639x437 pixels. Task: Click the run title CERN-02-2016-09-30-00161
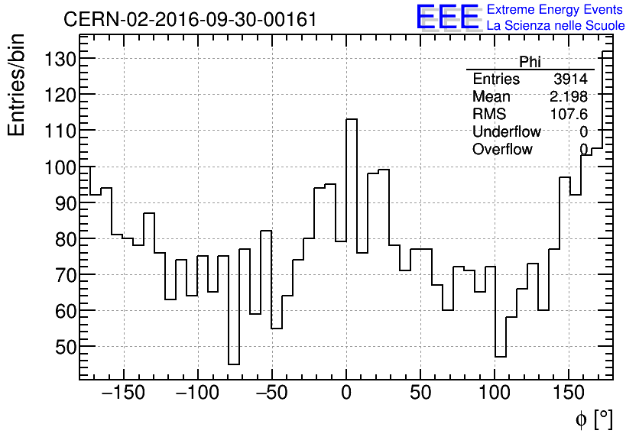click(190, 20)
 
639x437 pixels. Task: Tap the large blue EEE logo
click(447, 17)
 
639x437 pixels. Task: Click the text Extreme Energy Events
click(554, 10)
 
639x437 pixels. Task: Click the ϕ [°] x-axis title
click(593, 419)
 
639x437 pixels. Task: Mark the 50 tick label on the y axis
click(60, 347)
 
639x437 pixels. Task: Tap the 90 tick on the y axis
click(60, 203)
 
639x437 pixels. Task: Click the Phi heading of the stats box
click(530, 62)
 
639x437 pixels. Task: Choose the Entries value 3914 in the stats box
click(570, 79)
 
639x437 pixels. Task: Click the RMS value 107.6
click(569, 114)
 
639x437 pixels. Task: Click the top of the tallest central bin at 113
click(352, 119)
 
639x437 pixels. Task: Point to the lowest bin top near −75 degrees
click(234, 364)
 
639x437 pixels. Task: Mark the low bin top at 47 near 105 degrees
click(501, 357)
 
